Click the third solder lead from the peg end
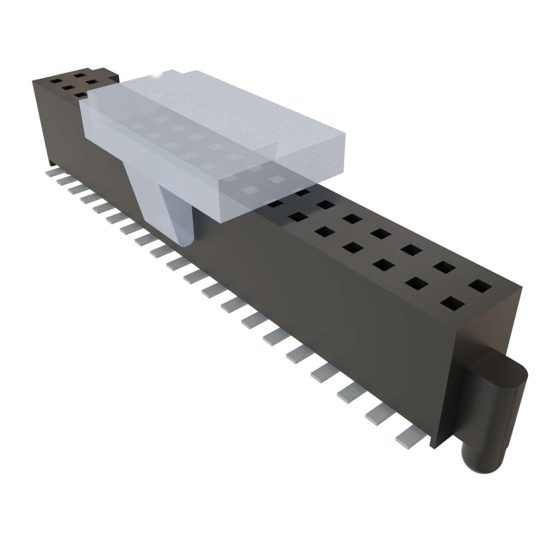click(351, 392)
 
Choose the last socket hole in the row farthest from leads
click(480, 286)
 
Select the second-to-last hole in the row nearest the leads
click(417, 283)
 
